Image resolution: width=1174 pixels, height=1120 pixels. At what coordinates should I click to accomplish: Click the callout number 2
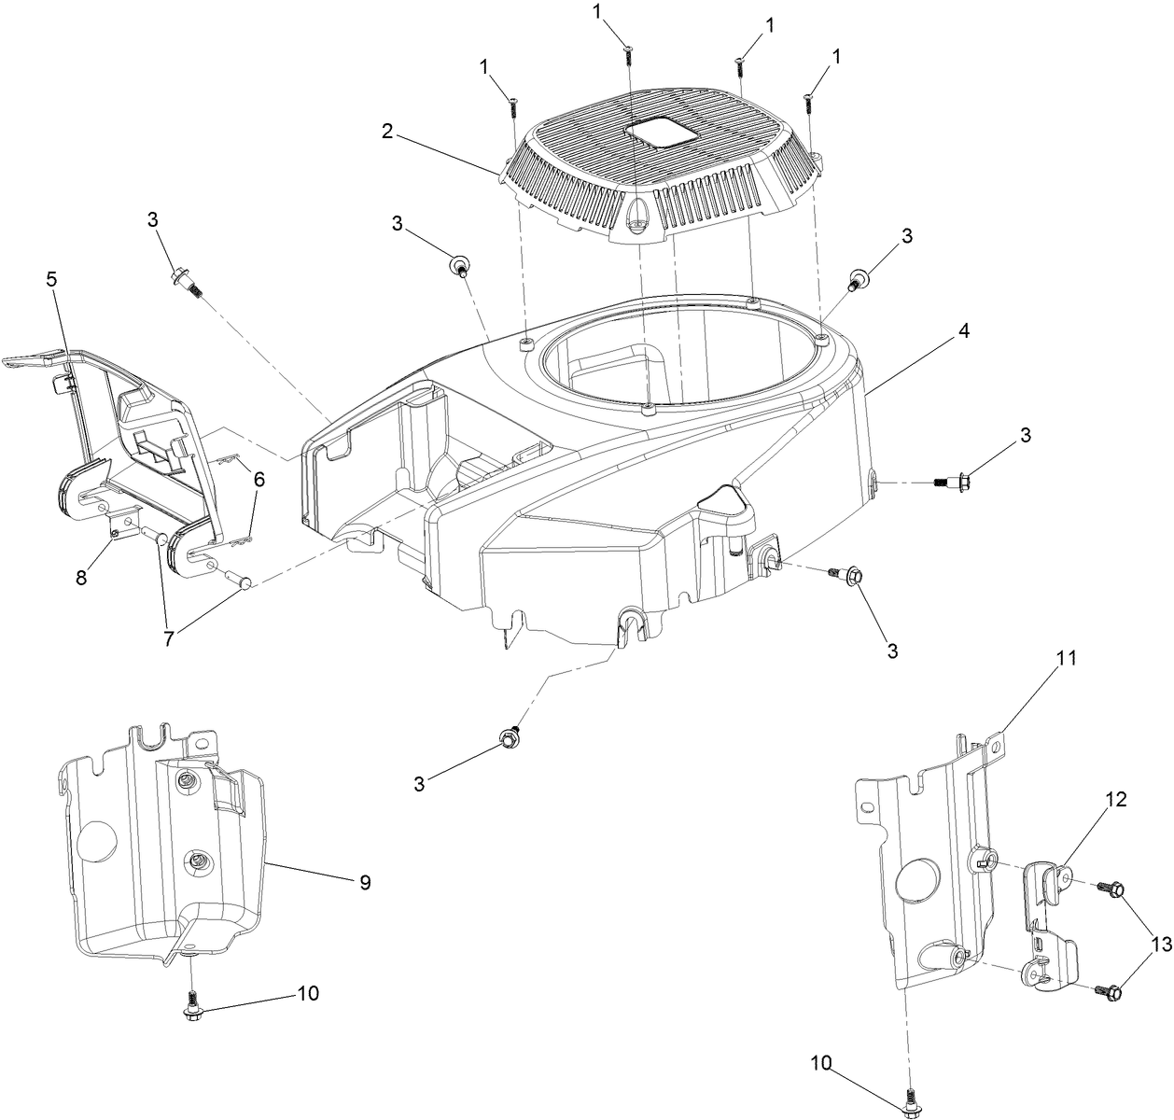pos(386,132)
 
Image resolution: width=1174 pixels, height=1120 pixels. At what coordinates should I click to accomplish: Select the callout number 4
pos(962,331)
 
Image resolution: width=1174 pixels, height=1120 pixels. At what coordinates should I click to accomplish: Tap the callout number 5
pos(51,278)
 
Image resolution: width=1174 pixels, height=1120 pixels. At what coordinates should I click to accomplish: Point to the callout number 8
pos(82,578)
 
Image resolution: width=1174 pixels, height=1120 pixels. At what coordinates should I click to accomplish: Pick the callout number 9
pos(365,882)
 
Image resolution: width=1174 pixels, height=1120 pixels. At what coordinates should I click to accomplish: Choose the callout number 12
pos(1116,800)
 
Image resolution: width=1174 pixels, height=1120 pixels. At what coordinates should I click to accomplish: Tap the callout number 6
pos(259,480)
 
